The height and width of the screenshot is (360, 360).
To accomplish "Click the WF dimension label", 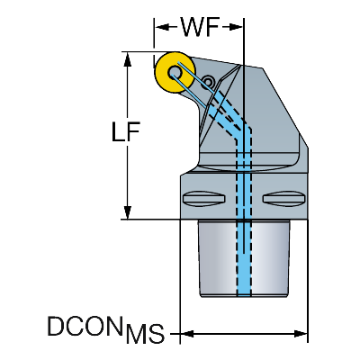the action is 200,27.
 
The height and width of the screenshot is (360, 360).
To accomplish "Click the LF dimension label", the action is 125,131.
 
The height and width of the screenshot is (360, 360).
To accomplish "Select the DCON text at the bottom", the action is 85,326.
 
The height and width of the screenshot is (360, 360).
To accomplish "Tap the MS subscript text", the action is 145,334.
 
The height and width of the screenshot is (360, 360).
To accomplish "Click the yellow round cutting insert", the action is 174,73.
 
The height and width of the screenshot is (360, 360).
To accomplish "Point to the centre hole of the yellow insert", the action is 175,73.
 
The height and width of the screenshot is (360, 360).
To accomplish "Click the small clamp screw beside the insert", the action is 208,81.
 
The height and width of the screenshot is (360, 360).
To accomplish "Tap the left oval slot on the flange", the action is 204,198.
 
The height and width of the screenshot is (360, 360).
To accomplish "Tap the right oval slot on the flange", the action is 283,199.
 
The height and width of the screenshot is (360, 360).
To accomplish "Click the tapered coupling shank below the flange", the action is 243,258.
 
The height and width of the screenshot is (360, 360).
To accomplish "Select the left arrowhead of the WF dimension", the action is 162,27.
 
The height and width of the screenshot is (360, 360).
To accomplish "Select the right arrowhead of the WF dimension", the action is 236,27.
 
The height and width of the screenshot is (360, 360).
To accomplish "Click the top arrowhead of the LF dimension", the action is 128,59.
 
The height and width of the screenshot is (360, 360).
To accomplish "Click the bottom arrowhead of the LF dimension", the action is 128,212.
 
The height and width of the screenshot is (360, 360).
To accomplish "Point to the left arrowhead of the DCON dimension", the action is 187,333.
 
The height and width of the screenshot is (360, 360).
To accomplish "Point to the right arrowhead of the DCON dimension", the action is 301,333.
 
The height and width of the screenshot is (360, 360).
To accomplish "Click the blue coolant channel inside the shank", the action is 244,258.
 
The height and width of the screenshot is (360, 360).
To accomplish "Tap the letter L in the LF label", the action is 118,131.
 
